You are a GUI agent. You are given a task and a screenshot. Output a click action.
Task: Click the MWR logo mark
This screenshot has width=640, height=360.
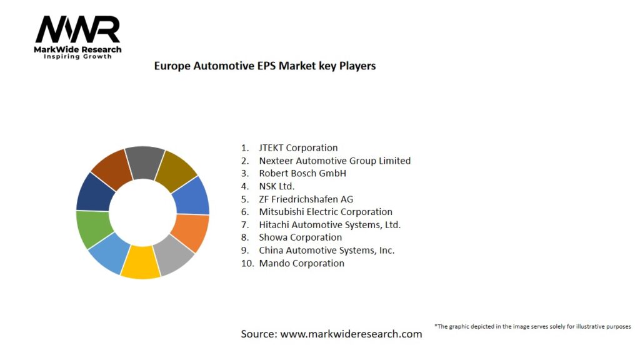point(77,30)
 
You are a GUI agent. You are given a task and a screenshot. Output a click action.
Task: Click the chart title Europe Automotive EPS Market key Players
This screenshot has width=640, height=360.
point(265,66)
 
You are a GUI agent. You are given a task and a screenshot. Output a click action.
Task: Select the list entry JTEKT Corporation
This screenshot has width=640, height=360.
point(298,148)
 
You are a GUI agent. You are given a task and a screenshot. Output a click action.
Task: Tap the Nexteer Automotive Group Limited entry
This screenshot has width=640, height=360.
point(334,161)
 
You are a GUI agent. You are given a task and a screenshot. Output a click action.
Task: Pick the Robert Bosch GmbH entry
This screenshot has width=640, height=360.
point(302,173)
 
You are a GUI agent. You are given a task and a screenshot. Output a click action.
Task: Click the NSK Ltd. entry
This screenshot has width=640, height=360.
point(276,186)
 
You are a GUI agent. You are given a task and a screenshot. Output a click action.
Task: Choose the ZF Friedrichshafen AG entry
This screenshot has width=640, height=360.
point(306,199)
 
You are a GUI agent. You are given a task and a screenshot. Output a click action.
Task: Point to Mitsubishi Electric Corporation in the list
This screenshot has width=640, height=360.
point(326,212)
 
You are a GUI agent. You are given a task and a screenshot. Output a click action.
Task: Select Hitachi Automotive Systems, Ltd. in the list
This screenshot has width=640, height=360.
point(329,224)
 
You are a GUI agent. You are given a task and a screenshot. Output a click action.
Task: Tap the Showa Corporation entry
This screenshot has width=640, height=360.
point(300,237)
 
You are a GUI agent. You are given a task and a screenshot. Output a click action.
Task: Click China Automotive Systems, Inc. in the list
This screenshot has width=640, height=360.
point(326,250)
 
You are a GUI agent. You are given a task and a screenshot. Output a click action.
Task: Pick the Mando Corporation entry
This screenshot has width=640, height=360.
point(301,263)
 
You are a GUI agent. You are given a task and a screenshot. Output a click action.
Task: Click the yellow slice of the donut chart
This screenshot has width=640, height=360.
point(140,263)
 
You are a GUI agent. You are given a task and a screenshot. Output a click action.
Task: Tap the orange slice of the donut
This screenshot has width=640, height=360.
point(191,232)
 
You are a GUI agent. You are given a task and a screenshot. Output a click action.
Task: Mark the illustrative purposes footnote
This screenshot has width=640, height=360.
point(532,326)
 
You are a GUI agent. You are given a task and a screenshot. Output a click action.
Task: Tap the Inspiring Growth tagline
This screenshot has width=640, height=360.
point(77,57)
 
